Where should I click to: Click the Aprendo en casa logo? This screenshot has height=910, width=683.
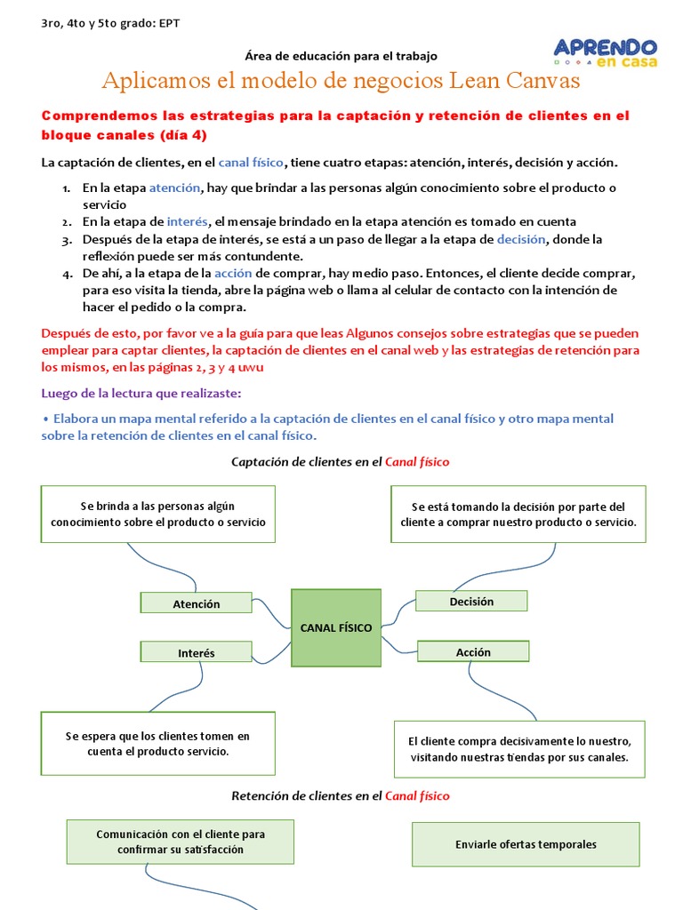[605, 53]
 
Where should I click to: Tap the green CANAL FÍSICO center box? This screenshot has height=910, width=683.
[336, 628]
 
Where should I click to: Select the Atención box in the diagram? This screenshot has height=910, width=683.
[197, 603]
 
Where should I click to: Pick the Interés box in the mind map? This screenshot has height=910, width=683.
[197, 652]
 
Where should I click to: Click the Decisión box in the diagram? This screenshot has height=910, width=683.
[471, 602]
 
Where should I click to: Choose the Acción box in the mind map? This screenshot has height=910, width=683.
[473, 651]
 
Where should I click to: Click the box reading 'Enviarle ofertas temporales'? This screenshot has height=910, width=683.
[526, 844]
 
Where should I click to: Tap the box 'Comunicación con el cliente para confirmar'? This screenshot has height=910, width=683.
[181, 842]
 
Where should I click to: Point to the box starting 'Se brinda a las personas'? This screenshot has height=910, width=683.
[158, 515]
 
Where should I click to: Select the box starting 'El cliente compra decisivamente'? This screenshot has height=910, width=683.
[519, 749]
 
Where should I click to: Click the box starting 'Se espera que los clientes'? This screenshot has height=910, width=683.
[158, 743]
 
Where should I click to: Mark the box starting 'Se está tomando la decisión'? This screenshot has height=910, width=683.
[518, 515]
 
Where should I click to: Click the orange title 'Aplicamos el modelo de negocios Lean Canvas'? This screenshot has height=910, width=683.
[341, 81]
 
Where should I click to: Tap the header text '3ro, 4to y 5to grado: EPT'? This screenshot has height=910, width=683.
[110, 23]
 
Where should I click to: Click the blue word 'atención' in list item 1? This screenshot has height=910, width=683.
[175, 188]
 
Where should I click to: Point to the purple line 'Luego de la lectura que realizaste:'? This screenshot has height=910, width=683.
[141, 393]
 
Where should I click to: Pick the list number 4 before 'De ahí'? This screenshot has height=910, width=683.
[67, 274]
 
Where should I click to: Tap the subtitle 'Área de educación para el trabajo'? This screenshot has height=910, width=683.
[341, 56]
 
